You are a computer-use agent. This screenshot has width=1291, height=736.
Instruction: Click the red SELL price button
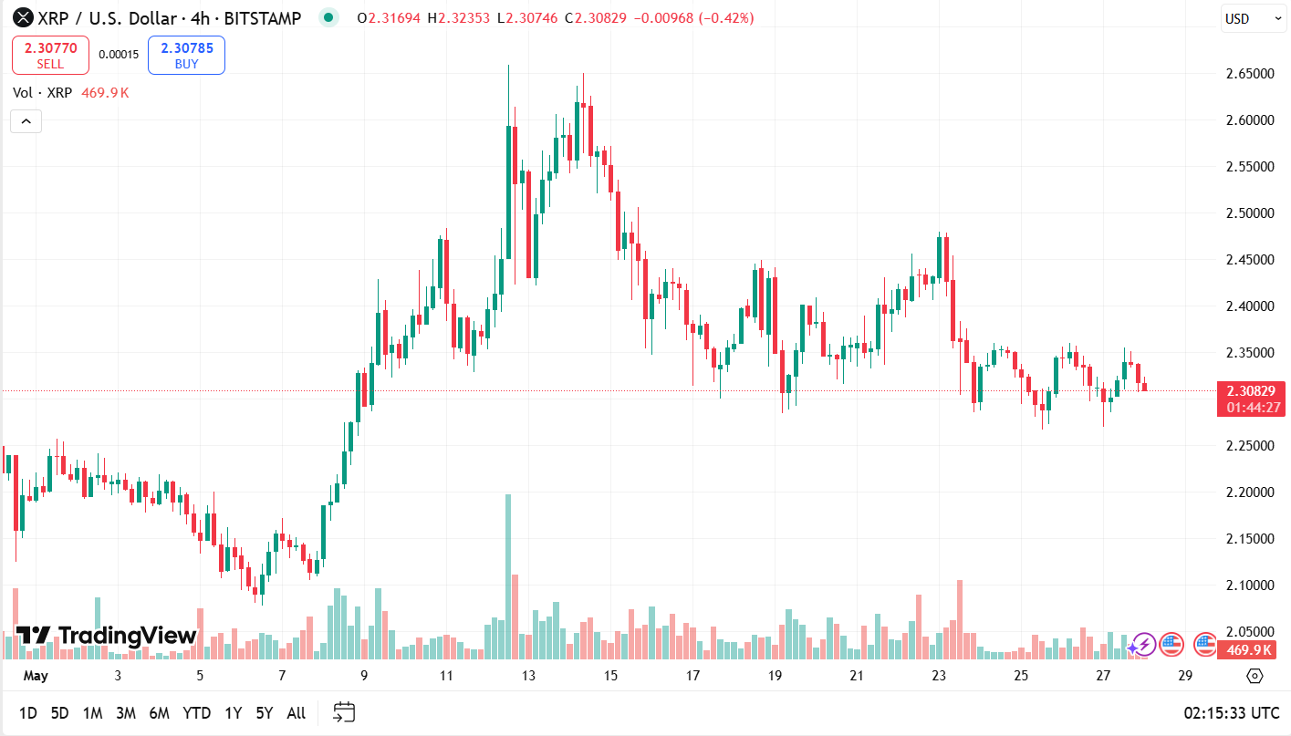click(x=50, y=55)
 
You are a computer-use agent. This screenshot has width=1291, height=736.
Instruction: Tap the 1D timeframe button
click(x=28, y=713)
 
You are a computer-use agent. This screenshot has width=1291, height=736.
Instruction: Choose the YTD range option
click(x=196, y=713)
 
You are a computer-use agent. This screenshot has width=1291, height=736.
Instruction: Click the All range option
click(x=296, y=713)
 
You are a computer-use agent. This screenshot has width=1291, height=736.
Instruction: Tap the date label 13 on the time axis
click(x=528, y=676)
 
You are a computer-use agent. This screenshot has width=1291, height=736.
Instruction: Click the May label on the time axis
click(x=35, y=676)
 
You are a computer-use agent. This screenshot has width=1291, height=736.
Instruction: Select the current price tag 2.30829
click(x=1250, y=390)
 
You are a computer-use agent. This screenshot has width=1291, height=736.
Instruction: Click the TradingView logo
click(x=106, y=636)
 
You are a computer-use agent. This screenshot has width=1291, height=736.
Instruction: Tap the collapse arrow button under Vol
click(x=26, y=121)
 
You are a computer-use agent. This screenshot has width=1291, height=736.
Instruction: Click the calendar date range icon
click(x=344, y=712)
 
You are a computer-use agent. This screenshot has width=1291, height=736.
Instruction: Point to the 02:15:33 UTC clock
click(x=1231, y=713)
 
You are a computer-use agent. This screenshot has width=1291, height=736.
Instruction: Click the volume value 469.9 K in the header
click(x=105, y=93)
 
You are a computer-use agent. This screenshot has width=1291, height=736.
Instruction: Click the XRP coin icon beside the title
click(x=21, y=17)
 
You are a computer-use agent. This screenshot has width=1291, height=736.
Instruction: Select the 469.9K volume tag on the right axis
click(x=1250, y=649)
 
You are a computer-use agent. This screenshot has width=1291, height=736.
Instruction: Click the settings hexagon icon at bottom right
click(x=1255, y=676)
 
